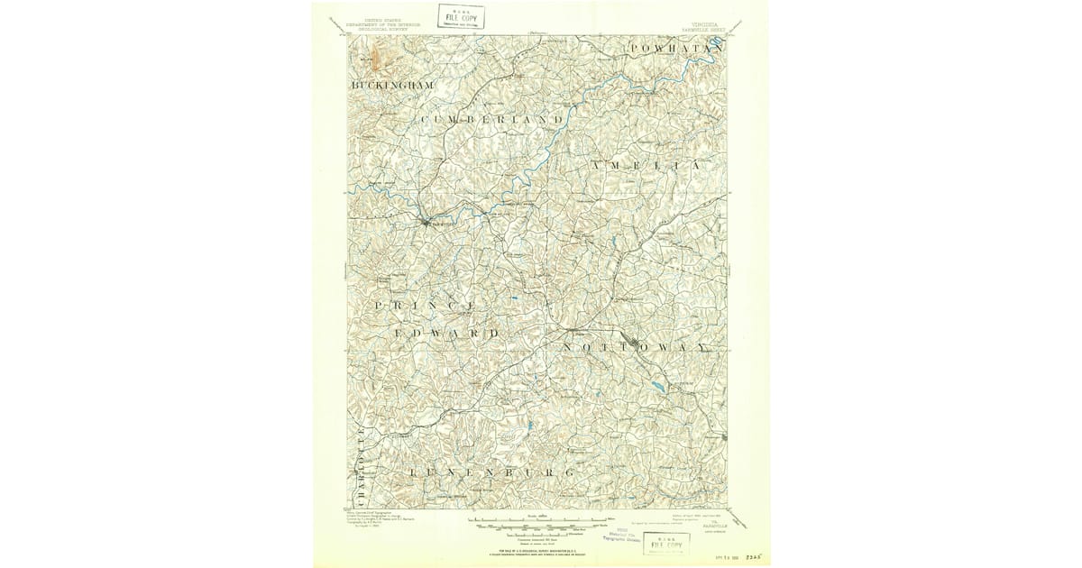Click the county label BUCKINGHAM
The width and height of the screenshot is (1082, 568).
(392, 85)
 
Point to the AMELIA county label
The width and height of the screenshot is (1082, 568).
(646, 167)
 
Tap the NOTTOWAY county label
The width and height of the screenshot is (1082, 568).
(637, 347)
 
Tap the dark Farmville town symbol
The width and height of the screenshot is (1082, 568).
(423, 221)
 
